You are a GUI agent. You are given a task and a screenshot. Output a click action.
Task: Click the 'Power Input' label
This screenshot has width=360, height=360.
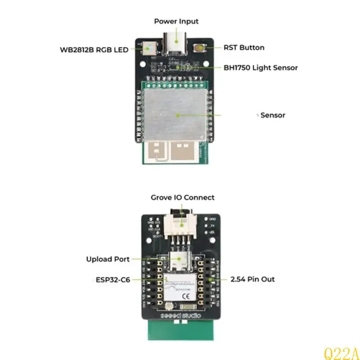pos(176,21)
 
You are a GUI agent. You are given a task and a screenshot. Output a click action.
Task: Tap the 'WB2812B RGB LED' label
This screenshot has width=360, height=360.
pos(94,49)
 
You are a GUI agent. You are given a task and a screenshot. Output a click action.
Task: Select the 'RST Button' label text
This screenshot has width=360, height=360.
pos(244,47)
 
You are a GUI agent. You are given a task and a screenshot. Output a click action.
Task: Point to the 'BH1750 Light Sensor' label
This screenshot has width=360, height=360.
pos(261,68)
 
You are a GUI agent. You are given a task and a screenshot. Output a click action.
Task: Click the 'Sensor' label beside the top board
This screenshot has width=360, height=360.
pos(273,115)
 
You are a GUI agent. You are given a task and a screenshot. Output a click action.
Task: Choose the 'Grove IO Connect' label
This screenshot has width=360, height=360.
pos(182,198)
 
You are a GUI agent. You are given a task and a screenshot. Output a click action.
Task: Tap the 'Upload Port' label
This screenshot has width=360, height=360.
pos(108,259)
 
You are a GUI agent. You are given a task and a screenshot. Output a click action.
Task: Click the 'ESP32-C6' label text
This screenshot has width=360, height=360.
pos(113,279)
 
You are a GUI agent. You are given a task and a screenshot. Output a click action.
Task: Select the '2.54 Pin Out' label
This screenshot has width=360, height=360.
pos(252,279)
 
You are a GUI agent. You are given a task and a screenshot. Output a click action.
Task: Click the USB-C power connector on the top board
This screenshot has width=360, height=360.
pos(176,45)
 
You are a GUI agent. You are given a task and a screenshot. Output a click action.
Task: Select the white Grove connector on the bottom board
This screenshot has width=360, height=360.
pos(182,225)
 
